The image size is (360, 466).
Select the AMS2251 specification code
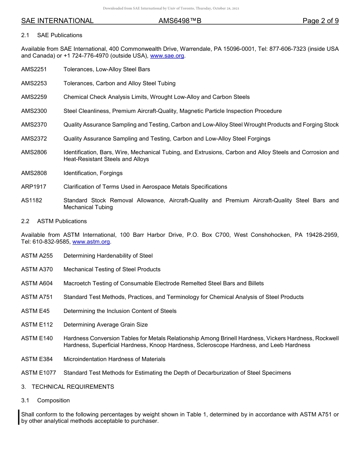(34, 69)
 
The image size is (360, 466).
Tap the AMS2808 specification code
(34, 173)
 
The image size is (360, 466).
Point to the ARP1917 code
(34, 187)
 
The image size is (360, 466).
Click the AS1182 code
(32, 200)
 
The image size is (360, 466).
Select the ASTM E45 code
(35, 311)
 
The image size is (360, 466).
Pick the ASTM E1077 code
(39, 373)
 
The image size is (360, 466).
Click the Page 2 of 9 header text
(321, 21)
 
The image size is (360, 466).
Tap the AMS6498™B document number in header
(180, 21)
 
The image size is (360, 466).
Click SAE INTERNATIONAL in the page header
(57, 21)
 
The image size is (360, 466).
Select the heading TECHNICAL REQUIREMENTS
(73, 387)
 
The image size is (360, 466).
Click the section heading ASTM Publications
(62, 221)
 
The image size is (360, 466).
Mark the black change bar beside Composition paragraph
(19, 418)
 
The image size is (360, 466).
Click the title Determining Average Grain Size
(106, 325)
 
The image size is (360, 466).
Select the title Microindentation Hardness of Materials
(114, 359)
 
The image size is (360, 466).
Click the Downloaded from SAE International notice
(171, 8)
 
